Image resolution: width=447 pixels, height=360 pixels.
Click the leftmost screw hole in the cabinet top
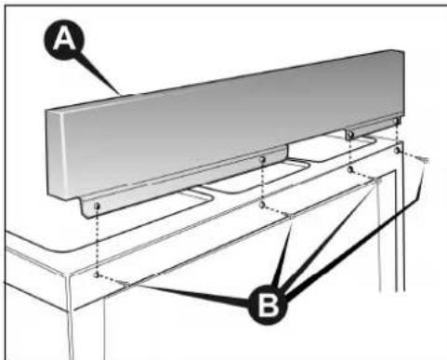97,275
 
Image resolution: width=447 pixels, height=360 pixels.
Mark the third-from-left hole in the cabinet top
350,170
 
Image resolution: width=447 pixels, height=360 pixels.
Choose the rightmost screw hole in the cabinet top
398,149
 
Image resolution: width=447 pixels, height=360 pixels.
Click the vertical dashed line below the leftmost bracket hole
97,240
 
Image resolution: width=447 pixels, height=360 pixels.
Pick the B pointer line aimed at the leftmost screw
186,290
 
